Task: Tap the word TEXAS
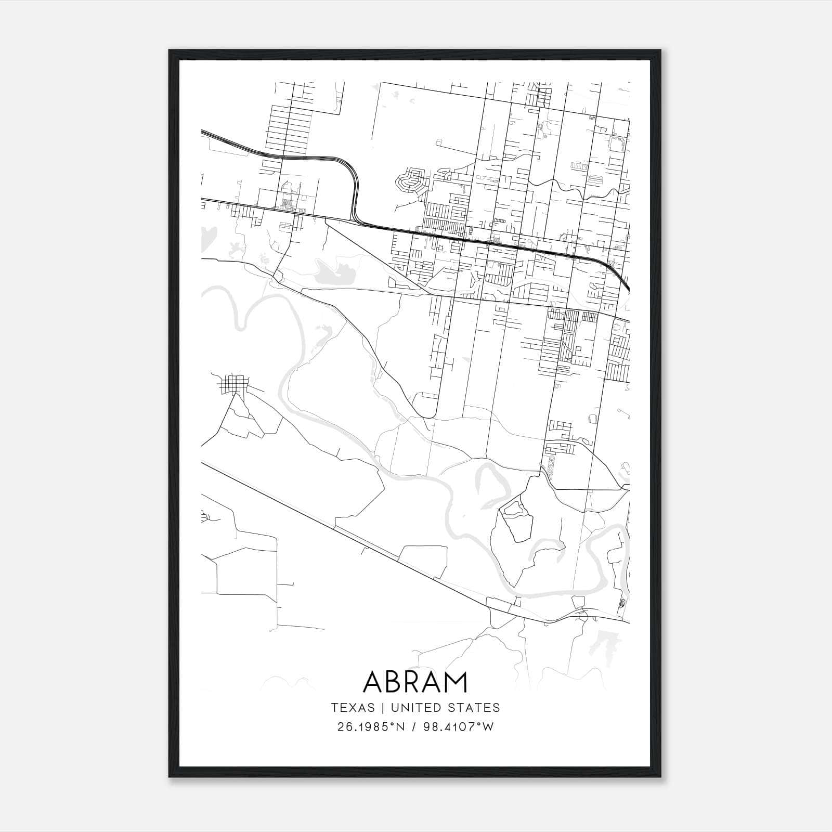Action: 353,708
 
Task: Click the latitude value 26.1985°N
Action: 370,727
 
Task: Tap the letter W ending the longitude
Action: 488,727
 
